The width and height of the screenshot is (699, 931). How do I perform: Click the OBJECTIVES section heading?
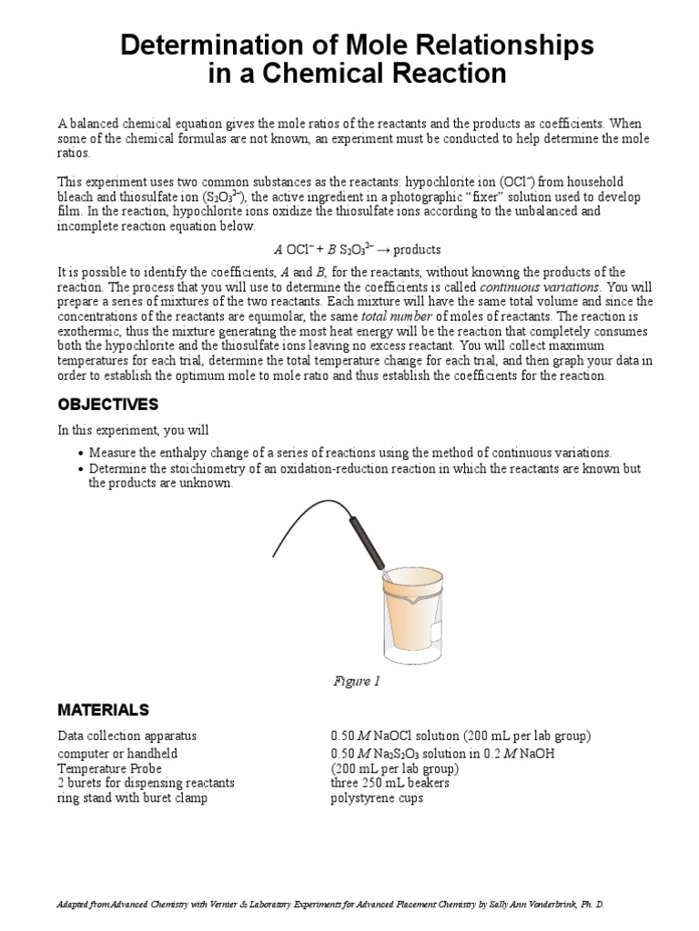pyautogui.click(x=108, y=404)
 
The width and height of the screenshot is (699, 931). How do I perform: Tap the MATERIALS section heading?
pyautogui.click(x=104, y=709)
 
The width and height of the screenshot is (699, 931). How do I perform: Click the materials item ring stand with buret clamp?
pyautogui.click(x=132, y=797)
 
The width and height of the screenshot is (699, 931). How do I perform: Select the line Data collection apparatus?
pyautogui.click(x=127, y=735)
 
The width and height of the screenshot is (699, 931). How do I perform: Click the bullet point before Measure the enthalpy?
pyautogui.click(x=81, y=453)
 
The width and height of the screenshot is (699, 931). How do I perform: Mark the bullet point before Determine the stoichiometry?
pyautogui.click(x=81, y=469)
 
